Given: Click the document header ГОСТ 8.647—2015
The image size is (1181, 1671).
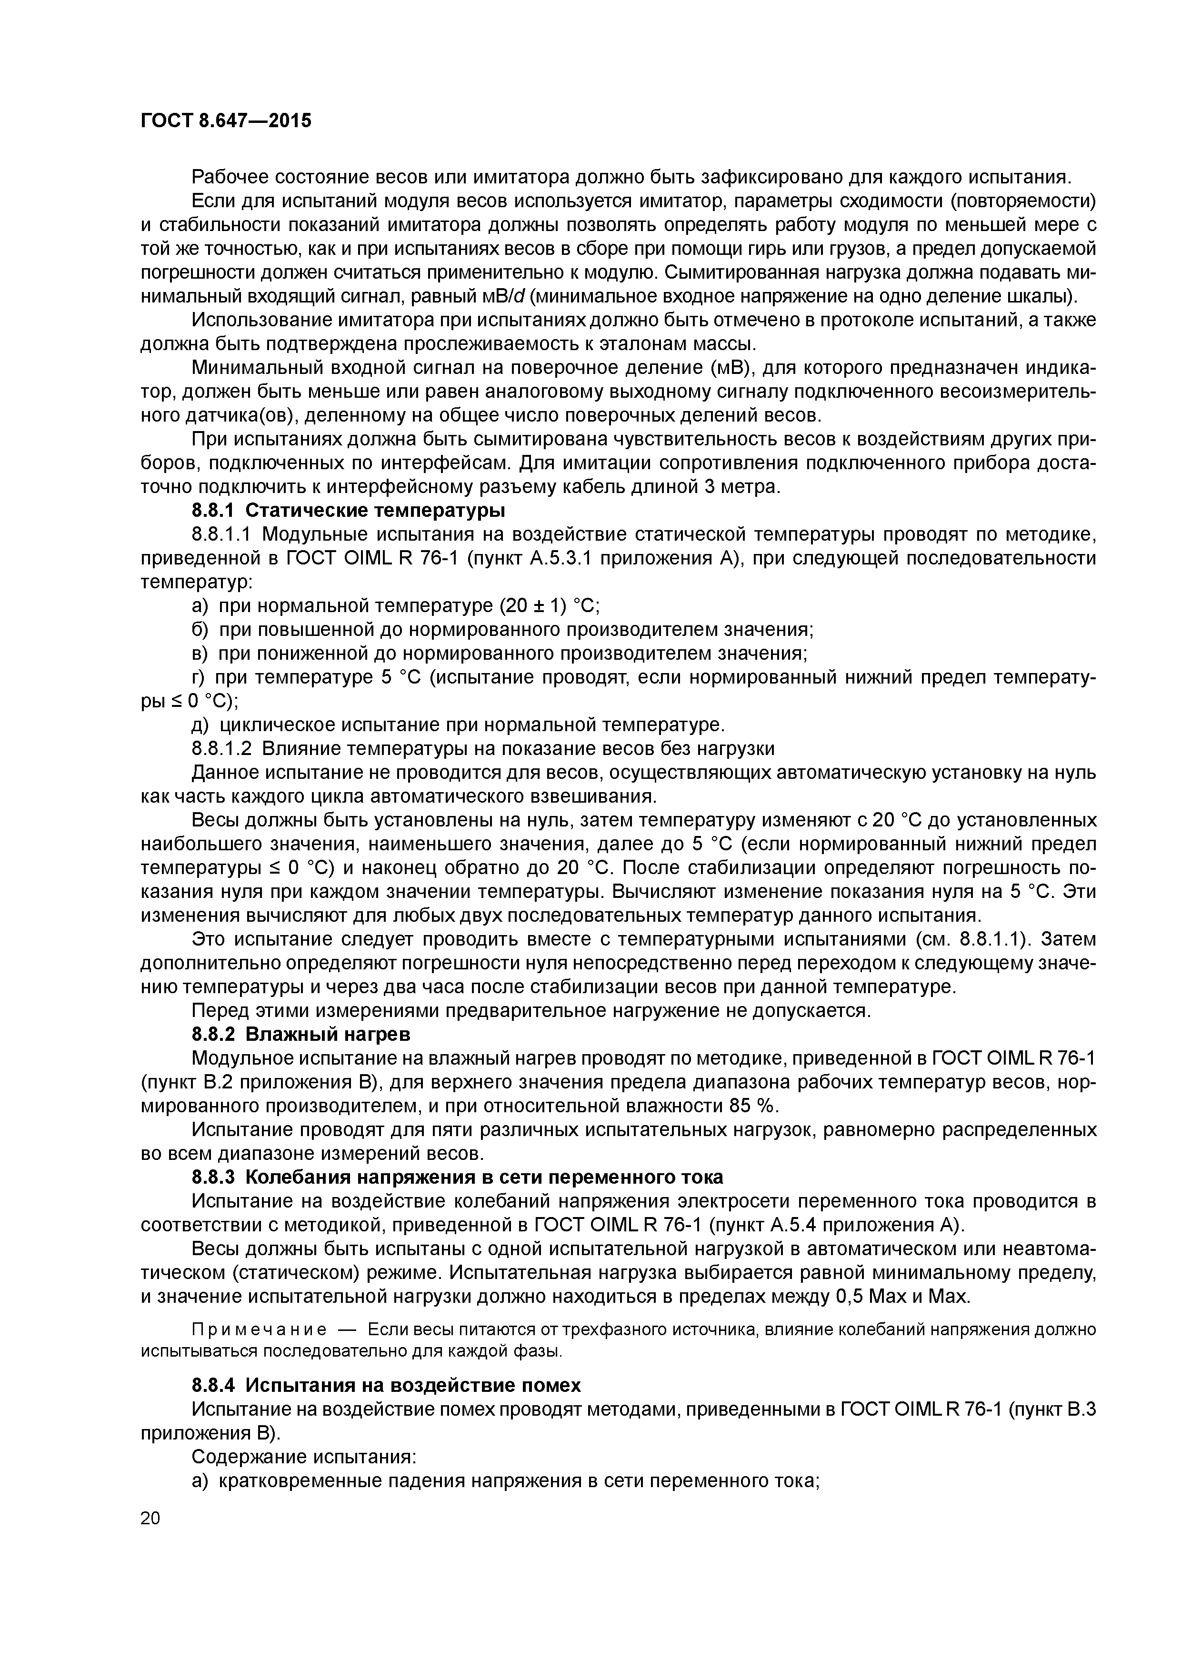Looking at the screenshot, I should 226,120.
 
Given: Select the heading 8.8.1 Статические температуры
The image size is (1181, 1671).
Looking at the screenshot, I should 349,510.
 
